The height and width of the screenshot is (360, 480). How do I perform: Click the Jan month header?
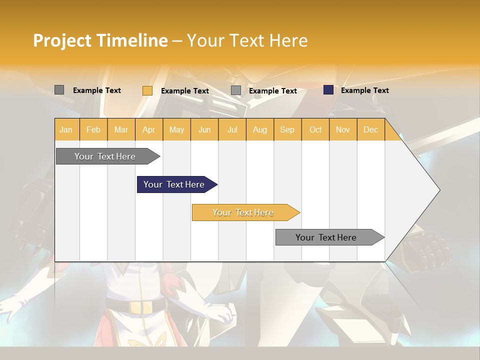point(66,129)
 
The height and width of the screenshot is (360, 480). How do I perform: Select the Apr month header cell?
point(149,129)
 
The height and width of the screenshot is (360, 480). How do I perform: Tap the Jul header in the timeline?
point(232,129)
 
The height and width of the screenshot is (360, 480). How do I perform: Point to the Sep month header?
point(287,129)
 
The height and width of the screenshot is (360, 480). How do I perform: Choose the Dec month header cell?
point(370,129)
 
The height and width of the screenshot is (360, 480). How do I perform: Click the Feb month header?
point(93,129)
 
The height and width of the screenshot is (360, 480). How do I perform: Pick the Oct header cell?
point(315,129)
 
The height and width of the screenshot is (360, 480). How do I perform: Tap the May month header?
point(176,129)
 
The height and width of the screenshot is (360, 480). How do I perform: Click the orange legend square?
point(147,90)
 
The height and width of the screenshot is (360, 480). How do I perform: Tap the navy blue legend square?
point(328,90)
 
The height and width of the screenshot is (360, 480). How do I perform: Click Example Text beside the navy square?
point(364,90)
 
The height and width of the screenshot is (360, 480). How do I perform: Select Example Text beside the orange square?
point(184,91)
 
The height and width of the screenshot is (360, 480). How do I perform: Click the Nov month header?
point(343,129)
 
